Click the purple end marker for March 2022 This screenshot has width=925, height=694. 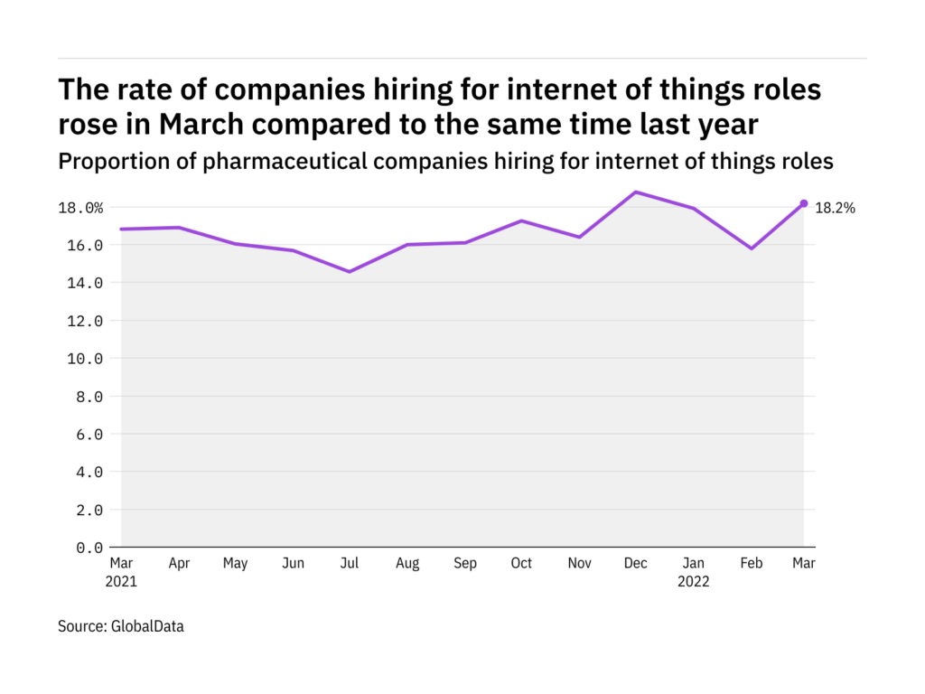pyautogui.click(x=803, y=203)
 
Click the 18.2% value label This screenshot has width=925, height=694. pyautogui.click(x=835, y=208)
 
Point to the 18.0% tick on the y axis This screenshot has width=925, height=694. pyautogui.click(x=81, y=208)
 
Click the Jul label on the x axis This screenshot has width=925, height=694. pyautogui.click(x=349, y=564)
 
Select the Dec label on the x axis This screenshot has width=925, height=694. pyautogui.click(x=636, y=564)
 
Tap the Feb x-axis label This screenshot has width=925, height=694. pyautogui.click(x=751, y=564)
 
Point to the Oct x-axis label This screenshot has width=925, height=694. pyautogui.click(x=521, y=564)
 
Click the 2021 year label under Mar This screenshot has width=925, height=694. pyautogui.click(x=121, y=582)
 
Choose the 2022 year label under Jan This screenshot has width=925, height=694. pyautogui.click(x=694, y=582)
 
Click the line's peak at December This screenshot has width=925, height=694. pyautogui.click(x=636, y=192)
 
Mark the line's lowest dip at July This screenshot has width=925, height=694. pyautogui.click(x=349, y=271)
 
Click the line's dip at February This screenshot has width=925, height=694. pyautogui.click(x=751, y=249)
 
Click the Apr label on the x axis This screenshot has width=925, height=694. pyautogui.click(x=178, y=564)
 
